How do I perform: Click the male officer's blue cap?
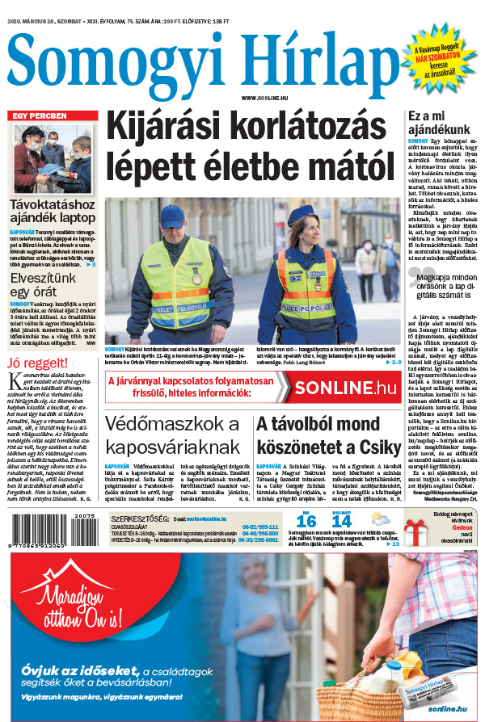click(x=171, y=216)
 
